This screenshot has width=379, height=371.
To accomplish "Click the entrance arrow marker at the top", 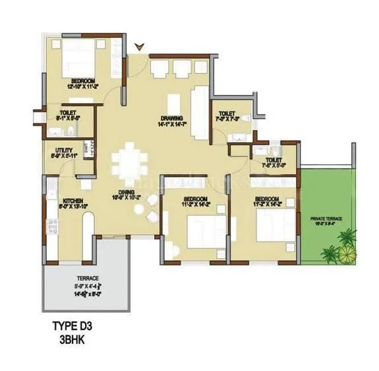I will click(x=138, y=46).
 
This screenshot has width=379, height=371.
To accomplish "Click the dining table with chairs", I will click(x=129, y=162).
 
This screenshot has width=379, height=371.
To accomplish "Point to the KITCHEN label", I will click(x=71, y=200).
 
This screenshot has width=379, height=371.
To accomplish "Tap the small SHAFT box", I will click(x=86, y=149).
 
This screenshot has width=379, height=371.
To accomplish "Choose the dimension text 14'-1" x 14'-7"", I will click(x=170, y=123).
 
